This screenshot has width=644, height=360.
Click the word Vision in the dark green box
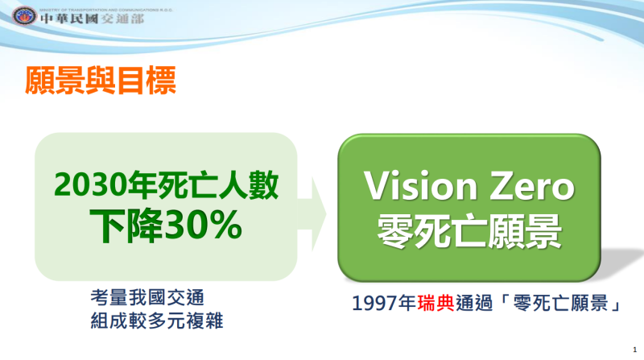(x=416, y=186)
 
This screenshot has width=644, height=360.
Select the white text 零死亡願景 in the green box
(x=470, y=226)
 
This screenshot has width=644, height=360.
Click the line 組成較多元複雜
(x=157, y=321)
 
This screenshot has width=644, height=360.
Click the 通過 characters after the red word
(x=475, y=304)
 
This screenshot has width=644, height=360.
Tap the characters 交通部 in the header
(x=120, y=19)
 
